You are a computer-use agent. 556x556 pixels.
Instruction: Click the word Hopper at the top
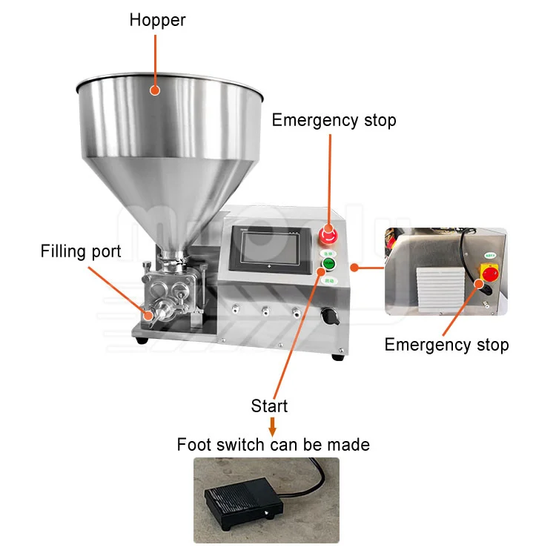[157, 20]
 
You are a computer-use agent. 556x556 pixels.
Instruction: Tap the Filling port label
[81, 251]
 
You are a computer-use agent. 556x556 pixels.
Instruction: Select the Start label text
[269, 406]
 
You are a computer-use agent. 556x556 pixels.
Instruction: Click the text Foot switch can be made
[273, 445]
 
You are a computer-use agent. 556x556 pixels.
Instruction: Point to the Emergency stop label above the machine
[334, 120]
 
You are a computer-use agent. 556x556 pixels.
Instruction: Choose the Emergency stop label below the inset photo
[446, 345]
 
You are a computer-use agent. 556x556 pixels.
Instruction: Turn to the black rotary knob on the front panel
[326, 317]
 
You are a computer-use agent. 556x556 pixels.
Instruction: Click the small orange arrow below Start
[272, 426]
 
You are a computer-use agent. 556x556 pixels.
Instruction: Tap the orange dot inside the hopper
[154, 90]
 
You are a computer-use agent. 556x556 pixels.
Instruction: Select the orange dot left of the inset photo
[354, 266]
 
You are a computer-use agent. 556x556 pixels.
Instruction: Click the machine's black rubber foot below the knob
[337, 357]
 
